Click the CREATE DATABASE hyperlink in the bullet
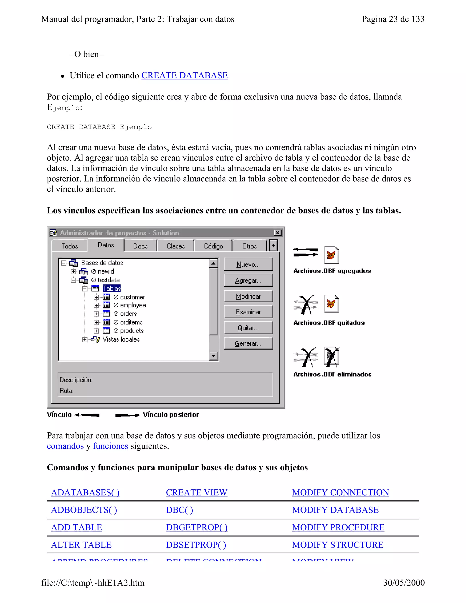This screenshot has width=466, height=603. [184, 75]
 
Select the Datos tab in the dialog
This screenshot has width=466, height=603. [106, 245]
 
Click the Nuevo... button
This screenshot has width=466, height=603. [248, 264]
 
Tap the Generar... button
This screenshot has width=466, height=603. [248, 343]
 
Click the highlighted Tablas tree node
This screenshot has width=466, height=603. [111, 289]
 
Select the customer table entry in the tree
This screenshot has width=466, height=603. [132, 297]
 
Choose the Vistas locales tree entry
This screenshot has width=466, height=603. [121, 339]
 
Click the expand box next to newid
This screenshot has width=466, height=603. [73, 271]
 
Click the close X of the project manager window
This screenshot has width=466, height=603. [277, 233]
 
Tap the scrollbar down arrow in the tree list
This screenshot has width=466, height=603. [213, 356]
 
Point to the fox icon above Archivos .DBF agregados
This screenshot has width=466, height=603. [331, 255]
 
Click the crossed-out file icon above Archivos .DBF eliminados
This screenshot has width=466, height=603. [331, 357]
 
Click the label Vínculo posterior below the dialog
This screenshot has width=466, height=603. [171, 415]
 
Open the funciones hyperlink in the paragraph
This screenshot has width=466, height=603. [110, 446]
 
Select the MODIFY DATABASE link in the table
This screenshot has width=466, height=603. [335, 510]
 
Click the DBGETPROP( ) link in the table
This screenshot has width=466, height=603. [197, 527]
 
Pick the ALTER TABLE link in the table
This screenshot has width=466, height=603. [81, 545]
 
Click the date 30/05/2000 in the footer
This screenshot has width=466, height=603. [404, 583]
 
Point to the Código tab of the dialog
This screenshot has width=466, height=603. [213, 246]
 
